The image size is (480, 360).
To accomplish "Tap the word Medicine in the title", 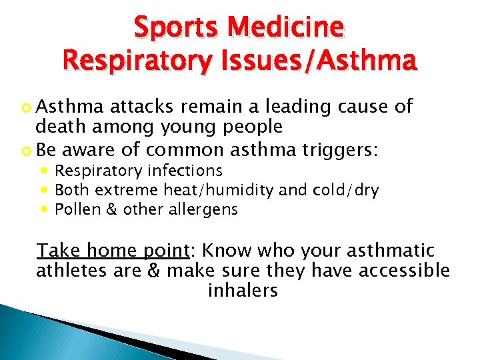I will (x=285, y=28).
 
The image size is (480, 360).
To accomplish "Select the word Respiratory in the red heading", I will (x=133, y=60).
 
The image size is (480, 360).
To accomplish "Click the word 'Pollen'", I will (x=75, y=209).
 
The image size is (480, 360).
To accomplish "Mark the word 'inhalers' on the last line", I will (x=243, y=291).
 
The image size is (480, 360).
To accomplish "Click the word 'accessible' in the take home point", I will (x=406, y=271).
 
